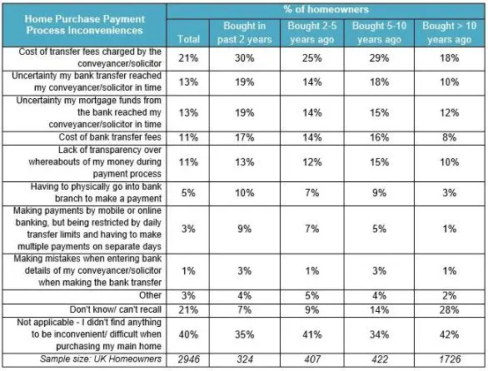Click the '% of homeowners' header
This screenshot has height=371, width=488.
pyautogui.click(x=326, y=9)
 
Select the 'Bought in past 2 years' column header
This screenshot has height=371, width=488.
pyautogui.click(x=245, y=32)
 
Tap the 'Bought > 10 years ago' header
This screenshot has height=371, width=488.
pyautogui.click(x=449, y=32)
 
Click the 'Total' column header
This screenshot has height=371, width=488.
pyautogui.click(x=188, y=39)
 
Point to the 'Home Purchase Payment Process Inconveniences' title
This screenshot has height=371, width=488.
pyautogui.click(x=84, y=25)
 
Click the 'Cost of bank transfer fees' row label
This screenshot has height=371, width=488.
pyautogui.click(x=110, y=137)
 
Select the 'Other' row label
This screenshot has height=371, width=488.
pyautogui.click(x=150, y=295)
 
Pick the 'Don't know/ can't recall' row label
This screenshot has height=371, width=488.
pyautogui.click(x=116, y=309)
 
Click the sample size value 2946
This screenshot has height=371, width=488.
pyautogui.click(x=188, y=359)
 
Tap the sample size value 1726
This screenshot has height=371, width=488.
pyautogui.click(x=450, y=359)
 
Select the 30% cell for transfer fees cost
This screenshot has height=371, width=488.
pyautogui.click(x=245, y=58)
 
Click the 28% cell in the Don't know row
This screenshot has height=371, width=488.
pyautogui.click(x=450, y=309)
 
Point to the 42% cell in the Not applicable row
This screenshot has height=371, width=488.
pyautogui.click(x=450, y=334)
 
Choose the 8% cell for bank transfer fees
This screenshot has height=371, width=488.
pyautogui.click(x=450, y=137)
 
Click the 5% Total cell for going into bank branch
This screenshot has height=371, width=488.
pyautogui.click(x=188, y=193)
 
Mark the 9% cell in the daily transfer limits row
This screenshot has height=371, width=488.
pyautogui.click(x=245, y=230)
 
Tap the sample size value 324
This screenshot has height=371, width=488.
pyautogui.click(x=245, y=359)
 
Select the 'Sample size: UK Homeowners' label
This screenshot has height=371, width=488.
pyautogui.click(x=101, y=359)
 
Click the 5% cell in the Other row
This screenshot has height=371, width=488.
pyautogui.click(x=312, y=295)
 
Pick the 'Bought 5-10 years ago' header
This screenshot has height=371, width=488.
pyautogui.click(x=379, y=32)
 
